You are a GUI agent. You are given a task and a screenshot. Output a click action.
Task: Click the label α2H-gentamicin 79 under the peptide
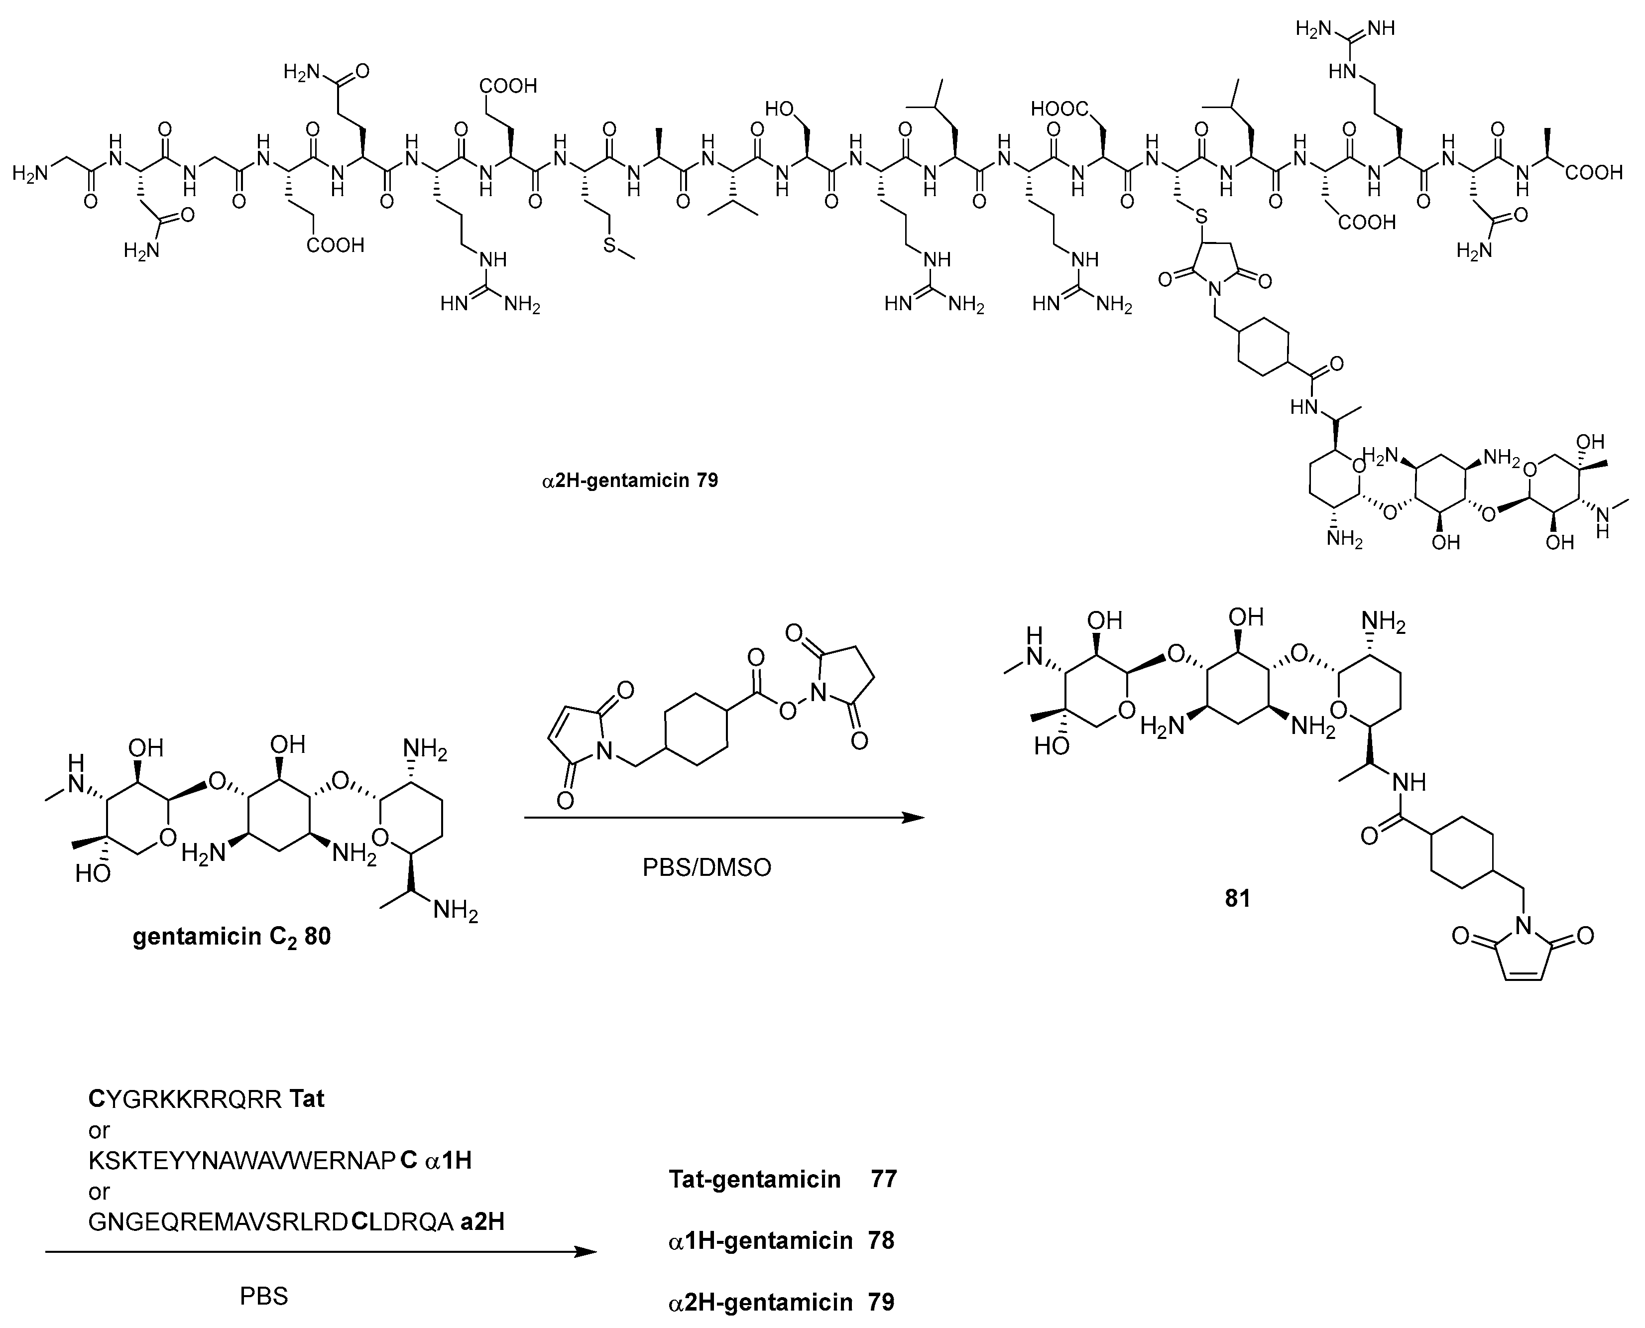(629, 481)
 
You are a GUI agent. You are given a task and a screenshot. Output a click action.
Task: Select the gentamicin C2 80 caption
(232, 937)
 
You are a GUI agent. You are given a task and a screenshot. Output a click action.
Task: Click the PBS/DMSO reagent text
(706, 867)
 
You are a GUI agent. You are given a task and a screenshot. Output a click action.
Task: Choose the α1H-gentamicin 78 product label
(781, 1240)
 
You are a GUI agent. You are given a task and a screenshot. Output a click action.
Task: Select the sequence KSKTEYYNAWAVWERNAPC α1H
(280, 1161)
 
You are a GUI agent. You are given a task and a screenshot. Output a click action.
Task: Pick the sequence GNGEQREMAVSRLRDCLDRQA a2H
(296, 1221)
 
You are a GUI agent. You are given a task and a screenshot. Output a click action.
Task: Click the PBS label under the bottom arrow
(264, 1296)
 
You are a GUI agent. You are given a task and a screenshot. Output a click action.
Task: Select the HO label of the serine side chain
(779, 110)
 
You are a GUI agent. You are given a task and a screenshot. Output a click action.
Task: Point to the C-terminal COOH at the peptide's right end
(1595, 173)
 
